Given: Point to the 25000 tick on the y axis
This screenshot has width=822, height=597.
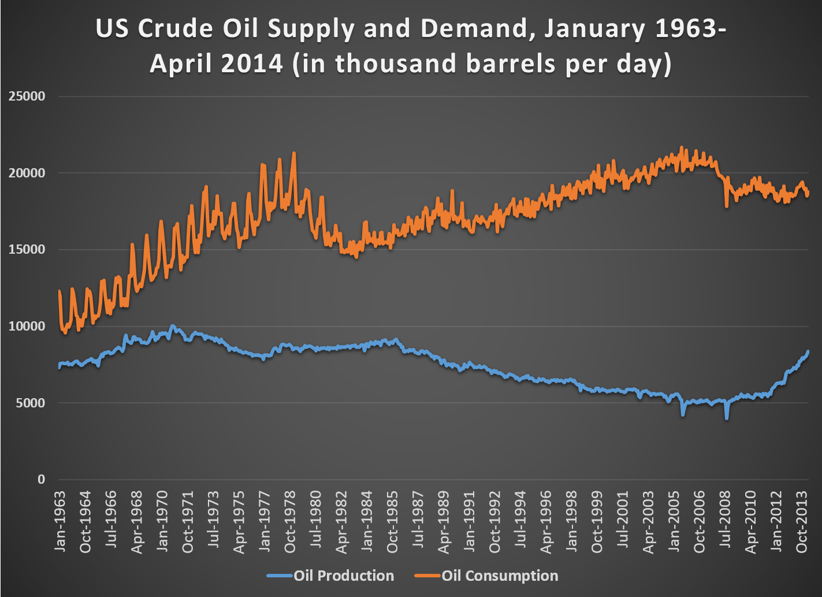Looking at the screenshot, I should [x=27, y=97].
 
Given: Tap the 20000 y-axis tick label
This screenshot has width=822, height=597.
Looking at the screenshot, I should [x=27, y=173].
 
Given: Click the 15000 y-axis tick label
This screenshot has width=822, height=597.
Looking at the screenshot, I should [x=27, y=250].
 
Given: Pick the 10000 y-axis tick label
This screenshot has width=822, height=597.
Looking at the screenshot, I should [x=27, y=327].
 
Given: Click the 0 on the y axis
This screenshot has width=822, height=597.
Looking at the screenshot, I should [x=41, y=479].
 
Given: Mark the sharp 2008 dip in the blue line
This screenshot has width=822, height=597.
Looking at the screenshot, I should [x=727, y=417].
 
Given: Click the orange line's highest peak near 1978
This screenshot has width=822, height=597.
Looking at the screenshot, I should [x=294, y=153].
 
